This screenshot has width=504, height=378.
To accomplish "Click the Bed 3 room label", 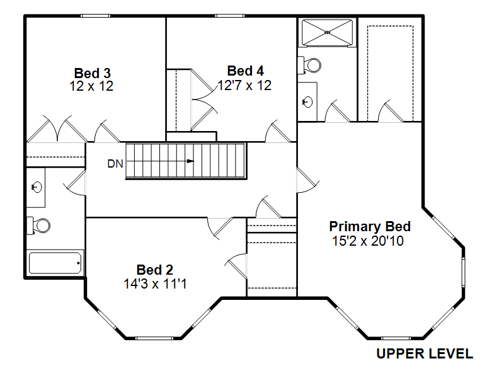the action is coord(92,73).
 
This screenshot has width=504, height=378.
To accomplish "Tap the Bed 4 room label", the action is coord(245,71).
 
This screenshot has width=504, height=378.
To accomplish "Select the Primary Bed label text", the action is coord(370,226).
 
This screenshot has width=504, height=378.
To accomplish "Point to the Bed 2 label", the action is coord(154,270).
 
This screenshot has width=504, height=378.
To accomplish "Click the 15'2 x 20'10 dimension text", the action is coord(368,241).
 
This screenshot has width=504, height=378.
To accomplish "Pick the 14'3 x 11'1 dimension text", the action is coord(155,284).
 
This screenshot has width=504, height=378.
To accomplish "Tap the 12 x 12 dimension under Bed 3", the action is coord(91,86).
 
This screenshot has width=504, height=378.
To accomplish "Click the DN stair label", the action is coord(115,164).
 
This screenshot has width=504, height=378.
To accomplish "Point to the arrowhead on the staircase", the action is coord(191,161).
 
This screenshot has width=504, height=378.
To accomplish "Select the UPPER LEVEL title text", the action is coord(425,353).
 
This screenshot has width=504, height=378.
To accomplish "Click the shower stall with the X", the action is coord(327,33).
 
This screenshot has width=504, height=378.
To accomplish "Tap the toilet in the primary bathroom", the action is coord(309,66).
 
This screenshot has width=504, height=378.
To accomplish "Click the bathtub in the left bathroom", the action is coord(55,263).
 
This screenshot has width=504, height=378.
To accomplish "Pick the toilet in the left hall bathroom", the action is coord(38,226).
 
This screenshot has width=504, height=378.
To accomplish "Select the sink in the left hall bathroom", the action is coord(37,186).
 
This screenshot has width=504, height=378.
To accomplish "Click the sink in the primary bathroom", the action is coord(307,102).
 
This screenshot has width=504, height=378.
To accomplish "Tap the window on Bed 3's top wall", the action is coord(96,16).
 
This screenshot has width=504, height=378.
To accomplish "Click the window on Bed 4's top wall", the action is coord(230,16).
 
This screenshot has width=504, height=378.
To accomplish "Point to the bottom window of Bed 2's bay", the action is coord(154,338).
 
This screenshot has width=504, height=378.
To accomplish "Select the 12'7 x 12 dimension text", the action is coord(244,86).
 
